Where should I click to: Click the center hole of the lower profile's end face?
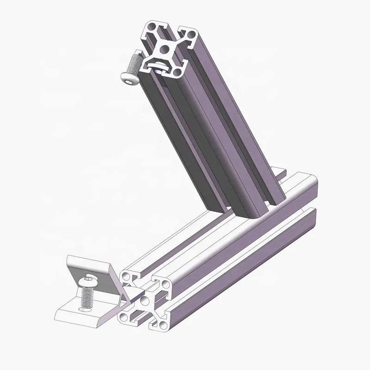coord(145,301)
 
